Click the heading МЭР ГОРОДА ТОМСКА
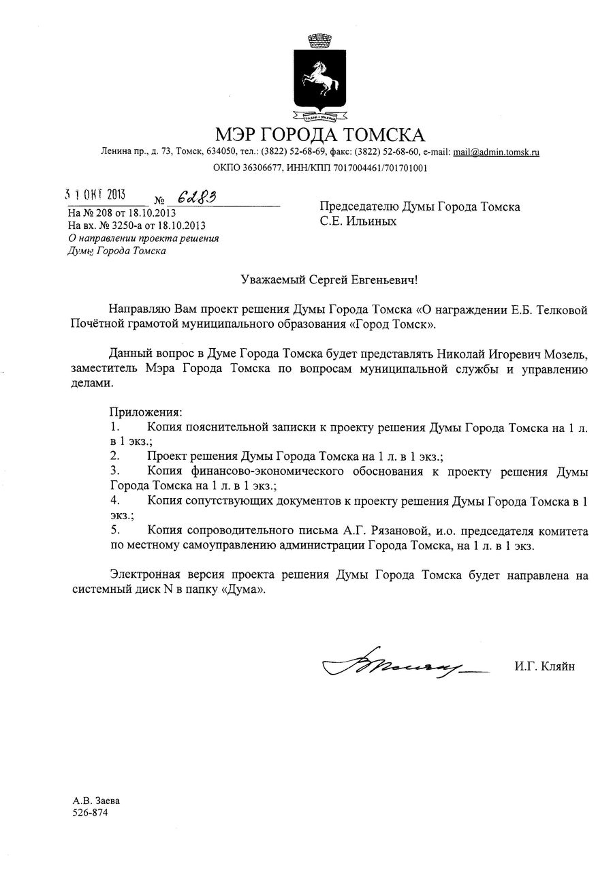[319, 134]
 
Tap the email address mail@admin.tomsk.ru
[497, 152]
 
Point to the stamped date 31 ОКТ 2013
[95, 195]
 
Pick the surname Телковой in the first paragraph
[556, 310]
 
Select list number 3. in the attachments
[115, 472]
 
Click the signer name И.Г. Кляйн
[544, 666]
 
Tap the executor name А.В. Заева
[91, 801]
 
